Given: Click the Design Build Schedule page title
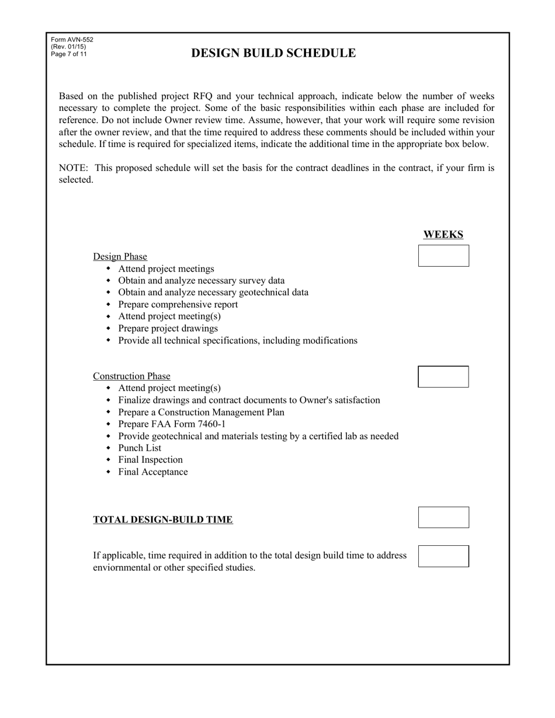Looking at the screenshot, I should [x=273, y=53].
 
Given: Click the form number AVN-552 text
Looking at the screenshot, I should [x=72, y=40].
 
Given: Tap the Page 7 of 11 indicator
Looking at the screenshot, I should [x=69, y=54].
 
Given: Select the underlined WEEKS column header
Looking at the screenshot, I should [x=443, y=235].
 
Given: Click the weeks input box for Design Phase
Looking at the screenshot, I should [x=443, y=256].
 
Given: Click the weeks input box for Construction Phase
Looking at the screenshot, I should [x=443, y=377].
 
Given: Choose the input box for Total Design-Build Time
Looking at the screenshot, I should [x=443, y=517].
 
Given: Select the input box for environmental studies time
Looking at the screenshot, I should [x=443, y=556].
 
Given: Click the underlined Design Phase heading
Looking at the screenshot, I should [x=120, y=257].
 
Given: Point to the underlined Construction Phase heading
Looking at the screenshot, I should [x=131, y=377].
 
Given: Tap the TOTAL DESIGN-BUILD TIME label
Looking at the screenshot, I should [x=162, y=520].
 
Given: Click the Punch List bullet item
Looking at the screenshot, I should [x=140, y=448].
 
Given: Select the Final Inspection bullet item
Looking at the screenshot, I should [x=150, y=460].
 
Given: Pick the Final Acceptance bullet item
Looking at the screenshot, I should [x=153, y=472].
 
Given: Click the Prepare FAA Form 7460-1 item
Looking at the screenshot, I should [x=172, y=424].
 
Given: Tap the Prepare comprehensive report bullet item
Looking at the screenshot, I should [x=178, y=305].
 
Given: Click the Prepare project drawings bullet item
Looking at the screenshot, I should [x=168, y=329].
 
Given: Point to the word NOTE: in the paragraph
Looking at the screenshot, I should [x=73, y=168].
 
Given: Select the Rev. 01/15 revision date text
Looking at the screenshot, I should [x=68, y=47].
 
